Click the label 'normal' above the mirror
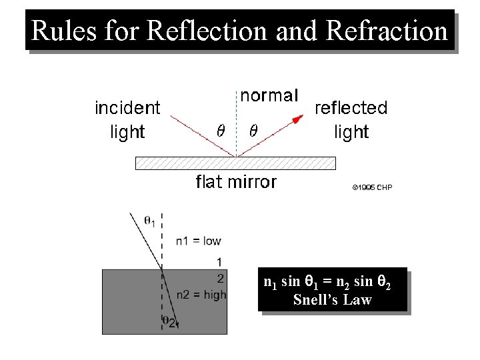pos(269,95)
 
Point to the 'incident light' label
pos(127,119)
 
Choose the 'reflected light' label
pos(351,119)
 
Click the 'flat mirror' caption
pos(236,182)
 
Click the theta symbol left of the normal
pos(221,130)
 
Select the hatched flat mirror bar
pos(235,163)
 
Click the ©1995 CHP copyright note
pos(373,188)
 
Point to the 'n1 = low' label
pos(199,241)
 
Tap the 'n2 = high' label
pos(201,295)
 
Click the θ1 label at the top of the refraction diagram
pos(150,219)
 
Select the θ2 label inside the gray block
pos(169,321)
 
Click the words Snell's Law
pos(332,300)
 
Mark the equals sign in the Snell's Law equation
pos(327,283)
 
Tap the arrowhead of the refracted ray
pos(178,324)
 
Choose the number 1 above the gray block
pos(219,261)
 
